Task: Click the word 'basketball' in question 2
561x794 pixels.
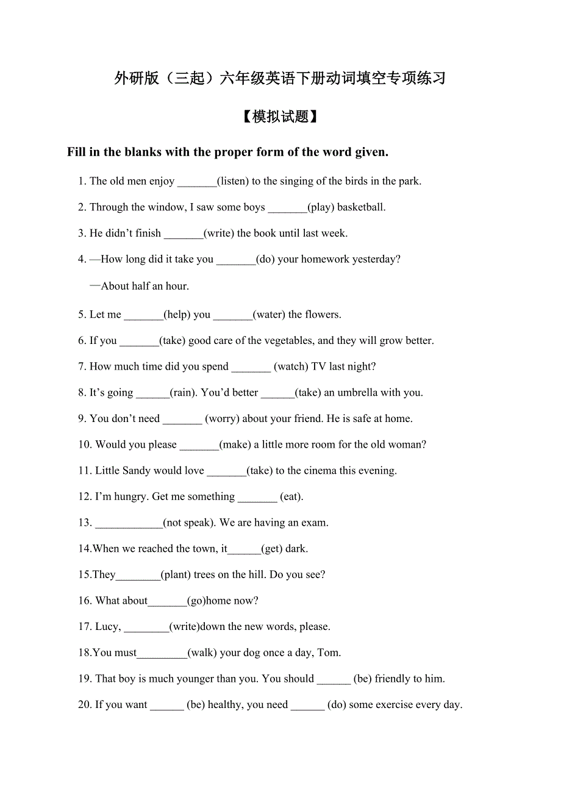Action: pyautogui.click(x=360, y=207)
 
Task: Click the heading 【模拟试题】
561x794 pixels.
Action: pyautogui.click(x=280, y=116)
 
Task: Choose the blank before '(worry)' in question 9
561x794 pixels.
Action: pyautogui.click(x=182, y=419)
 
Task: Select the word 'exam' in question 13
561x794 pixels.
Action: pyautogui.click(x=315, y=523)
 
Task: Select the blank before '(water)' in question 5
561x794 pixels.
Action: pyautogui.click(x=233, y=315)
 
